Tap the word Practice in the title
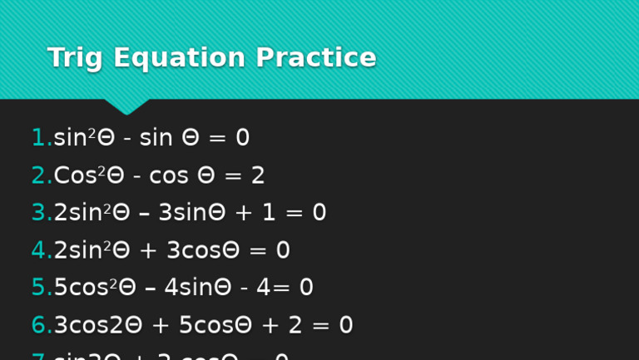coord(315,58)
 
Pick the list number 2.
coord(39,175)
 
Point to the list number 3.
coord(39,213)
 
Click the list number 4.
coord(39,250)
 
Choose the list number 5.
coord(39,288)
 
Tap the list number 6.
coord(39,325)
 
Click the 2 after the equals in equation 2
coord(258,175)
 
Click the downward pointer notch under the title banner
coord(126,106)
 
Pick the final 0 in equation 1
coord(242,138)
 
